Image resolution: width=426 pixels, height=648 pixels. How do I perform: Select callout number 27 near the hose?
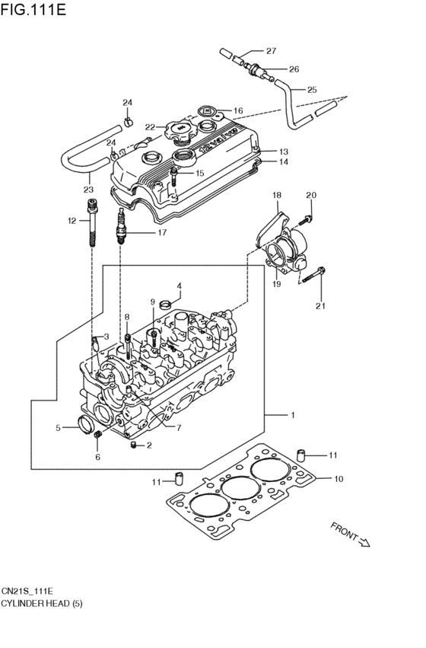[271, 51]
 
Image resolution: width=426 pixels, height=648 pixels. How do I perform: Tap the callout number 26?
[294, 69]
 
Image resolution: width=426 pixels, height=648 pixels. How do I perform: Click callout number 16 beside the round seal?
[238, 110]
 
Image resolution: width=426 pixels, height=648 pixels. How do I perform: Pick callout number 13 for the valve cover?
[283, 151]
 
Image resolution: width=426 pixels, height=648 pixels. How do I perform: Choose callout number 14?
[283, 162]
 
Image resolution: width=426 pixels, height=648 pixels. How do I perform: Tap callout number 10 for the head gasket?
[339, 479]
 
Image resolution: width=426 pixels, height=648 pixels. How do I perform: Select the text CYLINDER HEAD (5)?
[41, 603]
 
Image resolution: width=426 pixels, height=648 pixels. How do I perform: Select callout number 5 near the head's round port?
[58, 427]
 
